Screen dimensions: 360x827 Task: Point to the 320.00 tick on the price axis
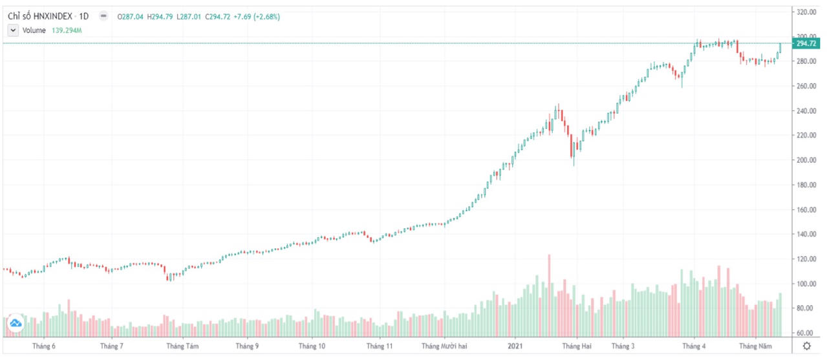tap(806, 12)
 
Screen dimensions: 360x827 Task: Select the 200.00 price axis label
tap(806, 160)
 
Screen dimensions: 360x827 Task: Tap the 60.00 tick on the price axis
tap(806, 334)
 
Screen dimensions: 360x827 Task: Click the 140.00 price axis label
tap(806, 235)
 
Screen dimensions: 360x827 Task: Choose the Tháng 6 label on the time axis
tap(44, 346)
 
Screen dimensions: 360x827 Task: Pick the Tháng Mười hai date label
tap(444, 346)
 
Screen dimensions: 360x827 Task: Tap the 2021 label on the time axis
tap(515, 346)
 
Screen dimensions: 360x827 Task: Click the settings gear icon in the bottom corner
tap(806, 346)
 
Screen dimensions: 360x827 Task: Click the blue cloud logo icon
tap(16, 323)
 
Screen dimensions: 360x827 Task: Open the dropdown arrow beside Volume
tap(13, 30)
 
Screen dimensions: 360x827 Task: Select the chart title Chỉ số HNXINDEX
tap(39, 16)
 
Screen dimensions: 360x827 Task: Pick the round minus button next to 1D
tap(103, 16)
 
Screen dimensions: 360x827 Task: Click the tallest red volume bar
tap(549, 295)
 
